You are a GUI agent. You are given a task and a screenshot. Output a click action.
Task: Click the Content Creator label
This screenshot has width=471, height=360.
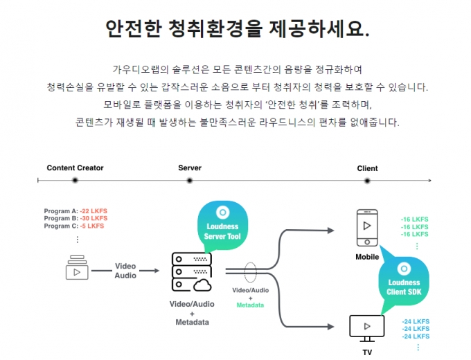tap(75, 168)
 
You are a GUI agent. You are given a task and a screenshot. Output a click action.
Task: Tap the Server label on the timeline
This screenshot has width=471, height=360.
tap(190, 168)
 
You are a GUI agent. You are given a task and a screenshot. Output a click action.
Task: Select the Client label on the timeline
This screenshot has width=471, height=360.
tap(367, 168)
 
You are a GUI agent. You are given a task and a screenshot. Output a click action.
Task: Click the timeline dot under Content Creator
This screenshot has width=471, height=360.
tap(75, 181)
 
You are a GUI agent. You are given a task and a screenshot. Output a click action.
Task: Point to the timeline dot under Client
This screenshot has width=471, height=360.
tap(367, 181)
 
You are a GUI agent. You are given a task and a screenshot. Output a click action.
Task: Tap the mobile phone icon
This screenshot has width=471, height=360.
tap(367, 228)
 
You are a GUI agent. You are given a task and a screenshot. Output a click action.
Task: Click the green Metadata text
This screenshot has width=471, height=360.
tap(250, 305)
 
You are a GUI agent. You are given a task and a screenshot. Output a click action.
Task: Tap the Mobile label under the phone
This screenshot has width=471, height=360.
tap(367, 257)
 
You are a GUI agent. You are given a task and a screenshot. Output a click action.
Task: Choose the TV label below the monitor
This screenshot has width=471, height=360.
tap(367, 352)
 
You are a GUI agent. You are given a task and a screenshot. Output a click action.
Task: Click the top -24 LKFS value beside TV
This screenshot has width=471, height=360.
tap(416, 321)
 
